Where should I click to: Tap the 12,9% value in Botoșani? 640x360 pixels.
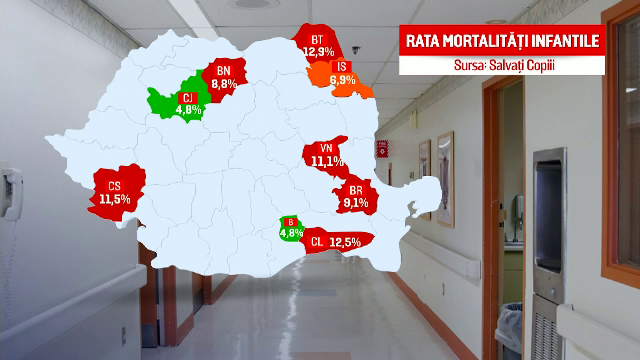coord(318,51)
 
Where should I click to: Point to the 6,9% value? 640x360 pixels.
coord(343,78)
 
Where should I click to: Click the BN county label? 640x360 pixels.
coord(223,72)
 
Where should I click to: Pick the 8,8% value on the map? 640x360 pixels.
coord(223,85)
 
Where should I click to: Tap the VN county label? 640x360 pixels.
coord(326,148)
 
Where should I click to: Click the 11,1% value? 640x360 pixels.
coord(326,160)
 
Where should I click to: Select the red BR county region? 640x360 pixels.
coord(356,195)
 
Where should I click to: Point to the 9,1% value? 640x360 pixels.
coord(356,202)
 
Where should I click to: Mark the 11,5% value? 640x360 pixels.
coord(114,198)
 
